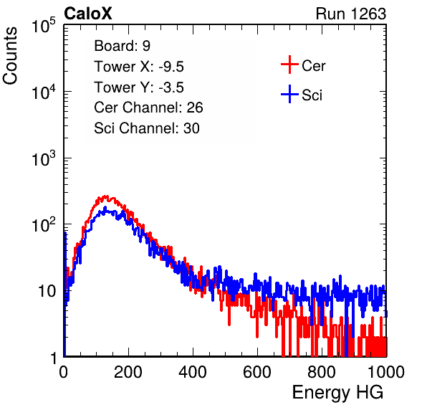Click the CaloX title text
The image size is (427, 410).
coord(87,14)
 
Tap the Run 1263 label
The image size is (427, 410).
coord(351,14)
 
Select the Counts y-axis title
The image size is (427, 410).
coord(10,56)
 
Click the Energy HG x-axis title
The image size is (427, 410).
coord(337,393)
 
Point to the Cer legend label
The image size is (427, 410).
coord(313,66)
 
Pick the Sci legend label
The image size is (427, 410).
coord(312,95)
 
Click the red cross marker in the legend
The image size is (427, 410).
coord(289,65)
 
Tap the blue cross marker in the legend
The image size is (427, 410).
coord(289,95)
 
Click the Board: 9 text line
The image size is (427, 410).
coord(122,46)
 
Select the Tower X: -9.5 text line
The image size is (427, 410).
coord(139,67)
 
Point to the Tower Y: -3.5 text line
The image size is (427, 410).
coord(139,87)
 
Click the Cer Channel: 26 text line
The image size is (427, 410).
coord(148,108)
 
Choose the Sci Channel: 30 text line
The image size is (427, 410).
coord(147,128)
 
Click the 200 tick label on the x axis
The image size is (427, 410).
coord(128,371)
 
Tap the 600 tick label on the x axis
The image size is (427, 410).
coord(257,371)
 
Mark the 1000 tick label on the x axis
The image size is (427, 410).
coord(386,371)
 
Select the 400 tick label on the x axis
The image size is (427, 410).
coord(193,371)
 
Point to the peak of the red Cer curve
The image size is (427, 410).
coord(106,196)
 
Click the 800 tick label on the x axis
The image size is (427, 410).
coord(322,371)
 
